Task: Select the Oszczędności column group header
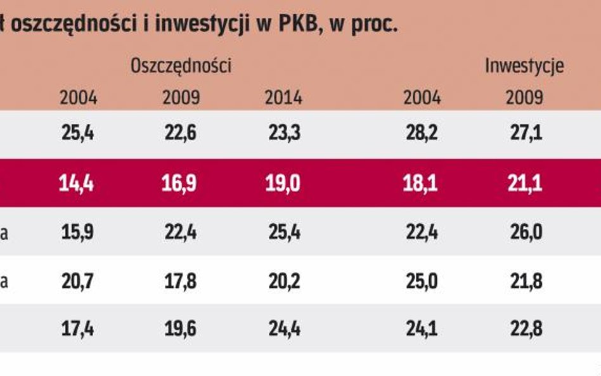[181, 65]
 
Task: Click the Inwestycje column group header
[524, 65]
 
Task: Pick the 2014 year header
[283, 98]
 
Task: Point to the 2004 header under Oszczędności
[79, 98]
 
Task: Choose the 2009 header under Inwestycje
[524, 98]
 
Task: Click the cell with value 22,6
[181, 134]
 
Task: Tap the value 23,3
[283, 134]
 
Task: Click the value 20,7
[79, 281]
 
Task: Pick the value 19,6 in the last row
[181, 329]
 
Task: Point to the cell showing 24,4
[283, 329]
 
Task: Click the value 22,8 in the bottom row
[524, 329]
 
